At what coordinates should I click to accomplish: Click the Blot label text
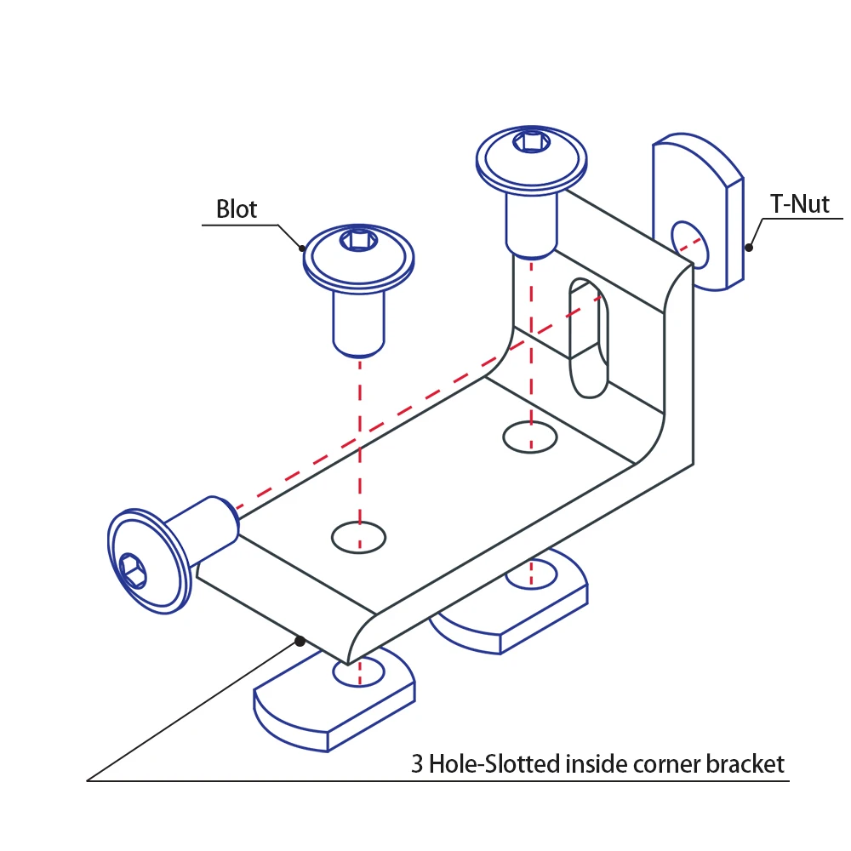(237, 208)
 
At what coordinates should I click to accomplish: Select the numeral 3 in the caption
(417, 763)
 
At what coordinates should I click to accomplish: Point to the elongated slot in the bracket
(590, 338)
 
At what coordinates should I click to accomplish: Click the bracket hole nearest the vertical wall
(530, 437)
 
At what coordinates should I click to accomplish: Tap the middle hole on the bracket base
(358, 537)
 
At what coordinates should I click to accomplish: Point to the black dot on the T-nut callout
(749, 248)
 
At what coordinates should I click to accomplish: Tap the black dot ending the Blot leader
(303, 248)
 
